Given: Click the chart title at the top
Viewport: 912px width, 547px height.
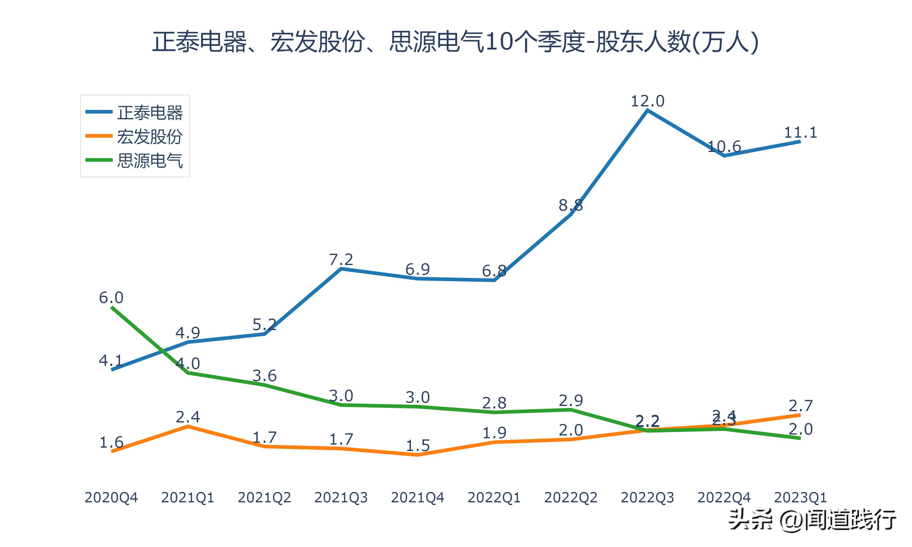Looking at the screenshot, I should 455,41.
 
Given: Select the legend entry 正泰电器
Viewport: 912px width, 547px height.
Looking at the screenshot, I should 150,112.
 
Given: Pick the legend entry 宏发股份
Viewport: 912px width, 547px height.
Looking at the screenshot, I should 150,136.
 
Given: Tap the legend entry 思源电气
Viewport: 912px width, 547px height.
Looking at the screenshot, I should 150,160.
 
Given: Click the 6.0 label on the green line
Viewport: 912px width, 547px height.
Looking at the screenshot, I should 111,298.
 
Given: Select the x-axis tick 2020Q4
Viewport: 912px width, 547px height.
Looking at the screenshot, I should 111,497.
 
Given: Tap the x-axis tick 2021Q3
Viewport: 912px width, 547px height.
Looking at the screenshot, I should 341,497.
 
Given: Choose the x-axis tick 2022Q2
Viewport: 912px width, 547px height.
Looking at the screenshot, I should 571,497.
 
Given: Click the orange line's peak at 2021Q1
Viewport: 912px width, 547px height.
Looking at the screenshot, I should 188,426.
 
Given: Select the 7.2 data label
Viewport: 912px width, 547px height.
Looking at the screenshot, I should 341,260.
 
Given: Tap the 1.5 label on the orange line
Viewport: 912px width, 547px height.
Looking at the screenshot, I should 418,446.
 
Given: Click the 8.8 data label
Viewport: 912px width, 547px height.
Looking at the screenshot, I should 571,205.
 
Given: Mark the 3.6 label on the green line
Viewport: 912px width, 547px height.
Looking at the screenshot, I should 264,376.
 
